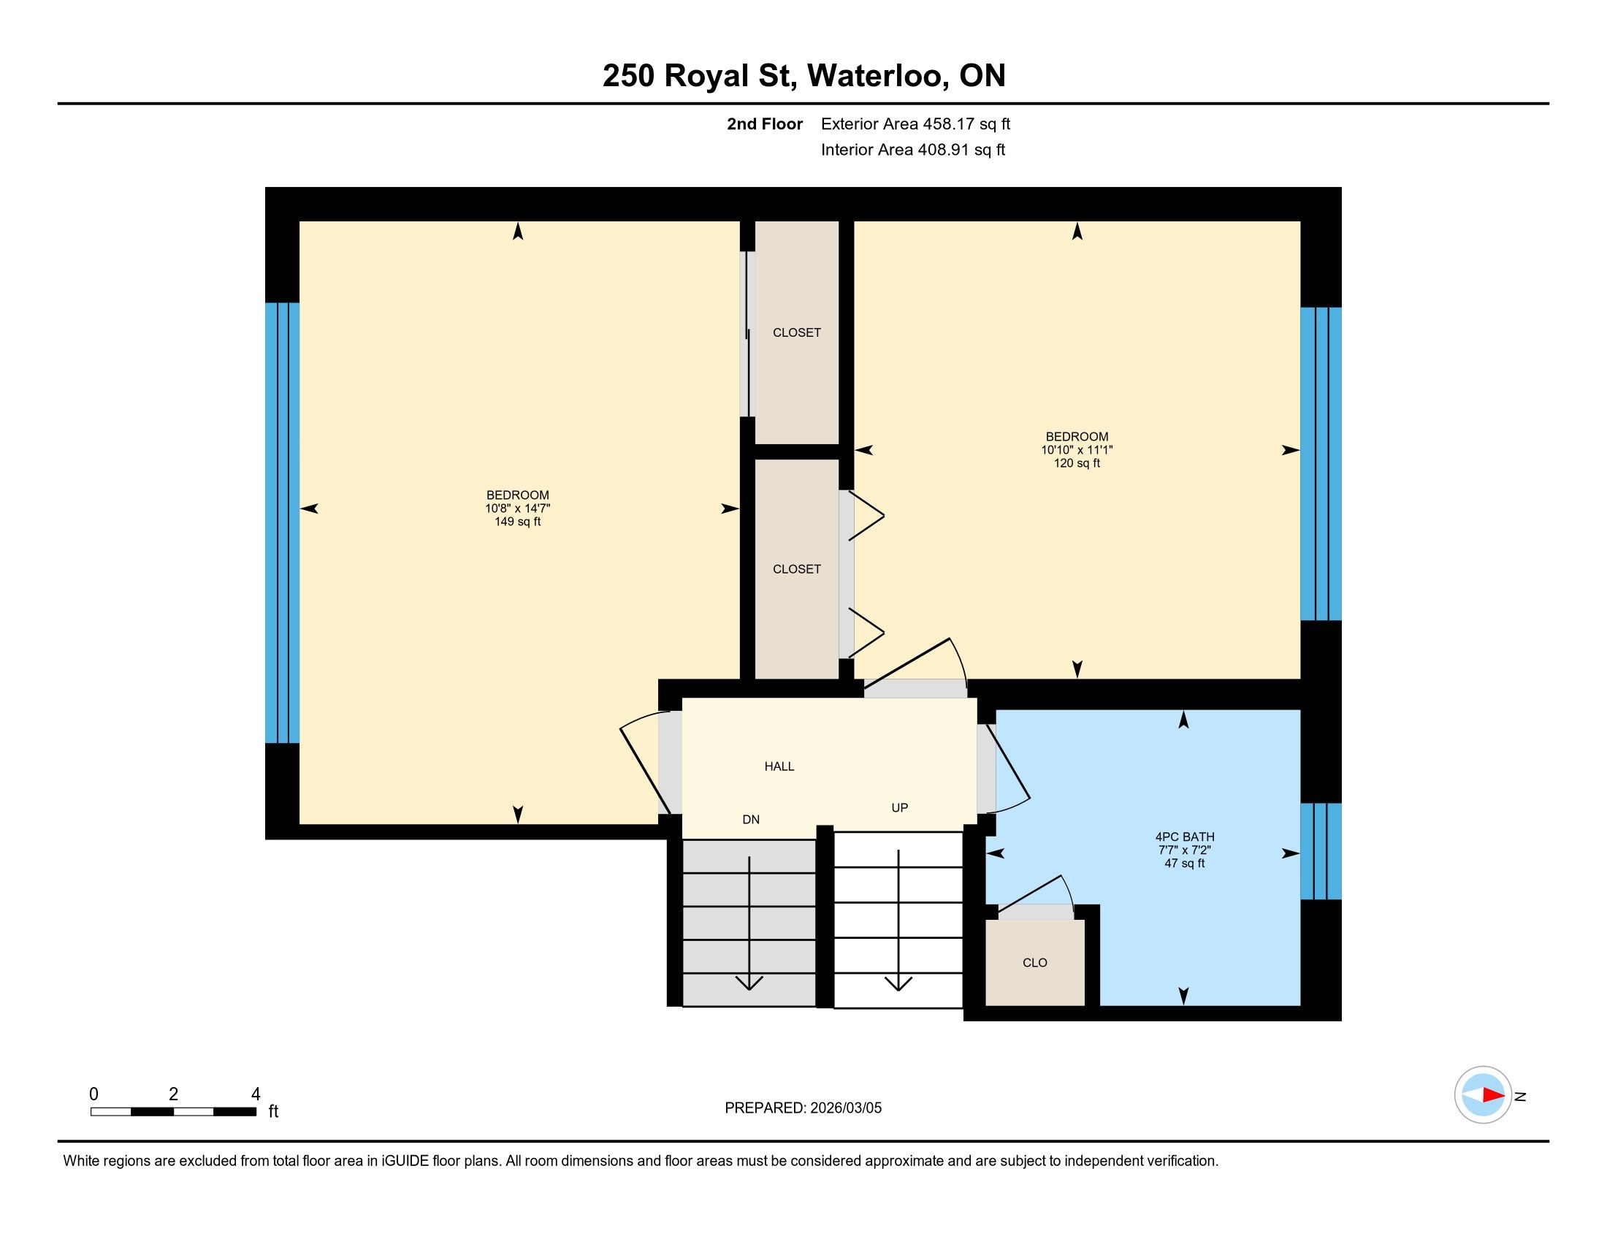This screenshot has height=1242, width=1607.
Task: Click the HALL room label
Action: tap(779, 766)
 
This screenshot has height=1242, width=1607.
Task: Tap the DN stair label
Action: tap(750, 820)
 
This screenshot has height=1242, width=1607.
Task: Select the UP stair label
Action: tap(899, 808)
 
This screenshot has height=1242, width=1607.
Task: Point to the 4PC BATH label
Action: tap(1185, 837)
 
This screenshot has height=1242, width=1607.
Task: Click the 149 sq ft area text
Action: tap(517, 522)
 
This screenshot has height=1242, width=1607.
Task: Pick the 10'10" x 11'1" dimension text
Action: tap(1077, 450)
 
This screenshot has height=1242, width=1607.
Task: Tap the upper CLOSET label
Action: tap(797, 332)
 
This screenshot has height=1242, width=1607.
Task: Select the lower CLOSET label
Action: tap(797, 568)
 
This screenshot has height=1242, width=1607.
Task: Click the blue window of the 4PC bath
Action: tap(1321, 851)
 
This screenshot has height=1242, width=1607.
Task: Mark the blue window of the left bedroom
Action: tap(283, 523)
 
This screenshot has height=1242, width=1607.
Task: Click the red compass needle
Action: tap(1493, 1095)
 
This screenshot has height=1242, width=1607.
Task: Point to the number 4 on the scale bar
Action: tap(256, 1094)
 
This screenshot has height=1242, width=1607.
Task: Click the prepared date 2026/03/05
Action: tap(846, 1108)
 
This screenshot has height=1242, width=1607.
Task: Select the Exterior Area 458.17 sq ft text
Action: tap(915, 124)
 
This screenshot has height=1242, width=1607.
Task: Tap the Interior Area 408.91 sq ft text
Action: tap(913, 150)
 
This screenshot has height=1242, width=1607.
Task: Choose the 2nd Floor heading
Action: tap(765, 124)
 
